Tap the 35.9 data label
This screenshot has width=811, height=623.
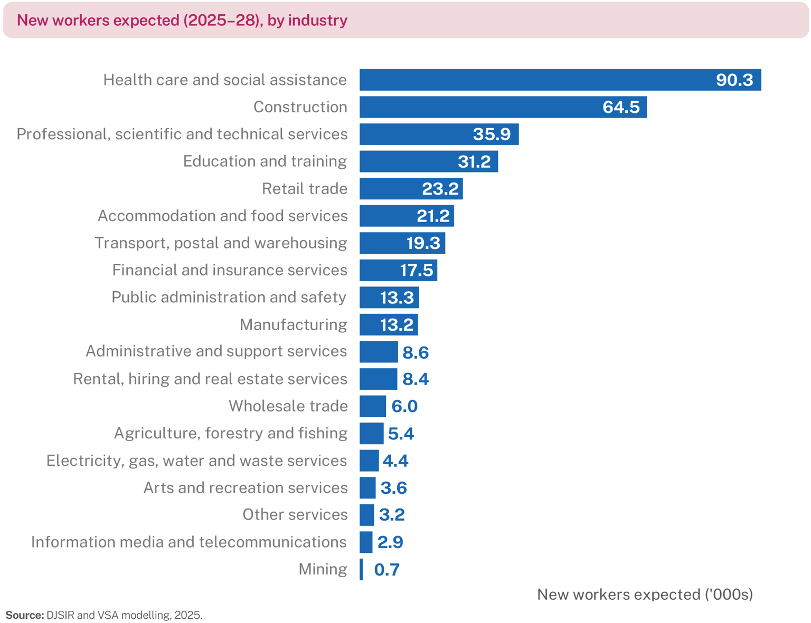[492, 135]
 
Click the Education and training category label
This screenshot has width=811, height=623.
[265, 161]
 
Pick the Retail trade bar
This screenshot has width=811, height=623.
[411, 189]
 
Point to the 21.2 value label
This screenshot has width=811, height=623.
[433, 216]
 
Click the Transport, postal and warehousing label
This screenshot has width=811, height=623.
[221, 243]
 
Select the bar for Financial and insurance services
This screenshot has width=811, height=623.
[398, 270]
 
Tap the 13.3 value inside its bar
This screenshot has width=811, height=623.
[397, 298]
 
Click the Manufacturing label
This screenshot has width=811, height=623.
[293, 324]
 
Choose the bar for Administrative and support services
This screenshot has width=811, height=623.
[379, 352]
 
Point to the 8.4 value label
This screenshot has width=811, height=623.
[416, 379]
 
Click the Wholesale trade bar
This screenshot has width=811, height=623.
[373, 406]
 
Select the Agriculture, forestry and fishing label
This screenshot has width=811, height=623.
[231, 433]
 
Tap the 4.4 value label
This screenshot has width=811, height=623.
[395, 461]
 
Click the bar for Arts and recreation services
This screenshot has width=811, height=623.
[367, 488]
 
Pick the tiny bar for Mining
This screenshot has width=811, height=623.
[361, 570]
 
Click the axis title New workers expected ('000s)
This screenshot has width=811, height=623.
[645, 595]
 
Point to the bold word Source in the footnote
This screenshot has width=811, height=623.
[24, 615]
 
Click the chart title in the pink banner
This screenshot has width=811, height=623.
[182, 21]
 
